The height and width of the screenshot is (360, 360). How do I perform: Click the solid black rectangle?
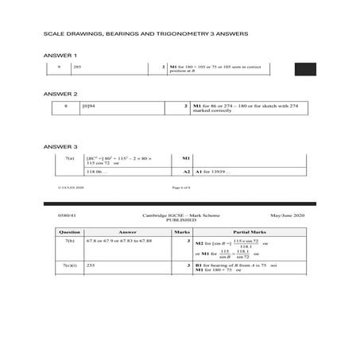[304, 69]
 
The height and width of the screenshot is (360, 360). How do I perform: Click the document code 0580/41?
[56, 215]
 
